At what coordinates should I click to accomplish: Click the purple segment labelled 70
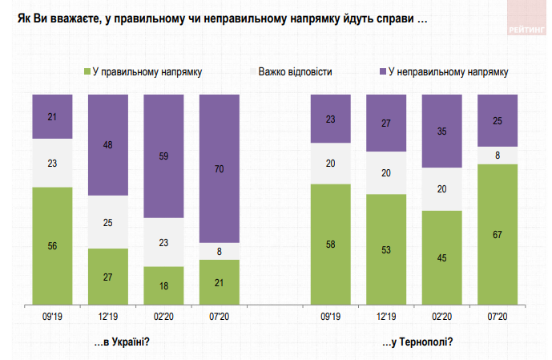(x=219, y=168)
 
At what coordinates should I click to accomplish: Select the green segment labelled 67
(x=498, y=234)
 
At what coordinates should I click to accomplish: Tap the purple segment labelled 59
(x=163, y=156)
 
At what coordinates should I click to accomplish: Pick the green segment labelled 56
(x=52, y=245)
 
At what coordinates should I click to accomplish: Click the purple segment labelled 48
(x=108, y=145)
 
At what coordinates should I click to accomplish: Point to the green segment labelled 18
(x=163, y=285)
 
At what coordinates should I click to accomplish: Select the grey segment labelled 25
(x=108, y=222)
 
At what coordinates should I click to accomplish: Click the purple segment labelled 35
(x=441, y=131)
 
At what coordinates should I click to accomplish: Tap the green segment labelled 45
(x=441, y=257)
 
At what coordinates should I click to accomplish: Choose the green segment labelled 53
(x=386, y=249)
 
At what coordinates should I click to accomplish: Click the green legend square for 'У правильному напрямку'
(x=87, y=72)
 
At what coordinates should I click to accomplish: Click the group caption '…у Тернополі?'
(x=418, y=342)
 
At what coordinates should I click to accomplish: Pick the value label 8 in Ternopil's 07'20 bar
(x=498, y=156)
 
